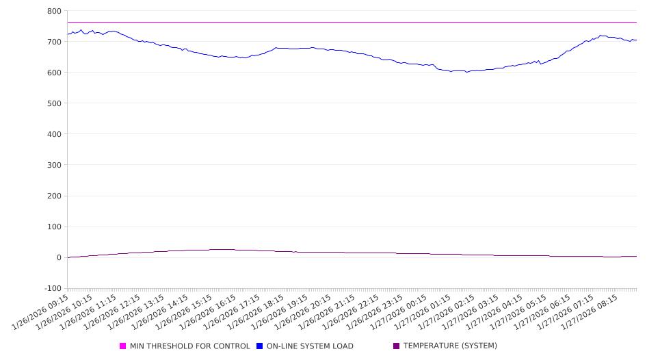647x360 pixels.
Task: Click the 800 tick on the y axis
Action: (x=55, y=11)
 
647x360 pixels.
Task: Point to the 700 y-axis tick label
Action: (x=55, y=42)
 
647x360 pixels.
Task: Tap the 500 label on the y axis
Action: (x=55, y=103)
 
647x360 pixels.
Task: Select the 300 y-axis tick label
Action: (x=55, y=165)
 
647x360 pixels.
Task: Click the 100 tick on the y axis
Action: (x=55, y=227)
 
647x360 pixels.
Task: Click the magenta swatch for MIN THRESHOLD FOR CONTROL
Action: (x=123, y=346)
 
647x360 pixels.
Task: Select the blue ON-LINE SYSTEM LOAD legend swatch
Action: (x=260, y=346)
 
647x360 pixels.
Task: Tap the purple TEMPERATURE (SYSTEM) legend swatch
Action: (x=397, y=346)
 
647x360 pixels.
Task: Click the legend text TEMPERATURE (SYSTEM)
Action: (x=450, y=346)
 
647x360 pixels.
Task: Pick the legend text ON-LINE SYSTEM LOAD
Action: (x=310, y=346)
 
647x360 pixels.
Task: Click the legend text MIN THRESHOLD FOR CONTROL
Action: (x=189, y=346)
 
